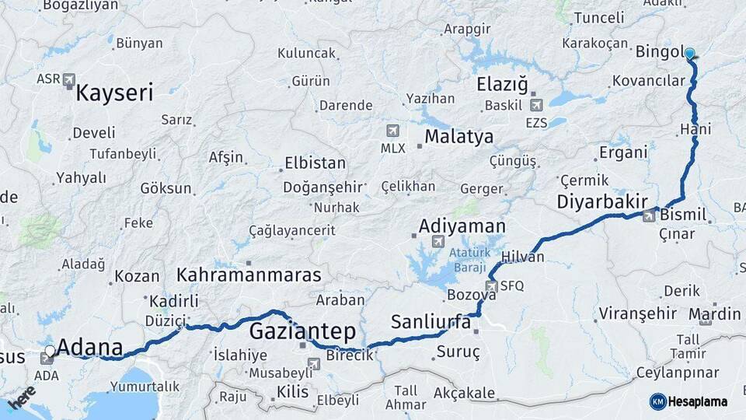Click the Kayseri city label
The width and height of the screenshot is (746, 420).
(x=114, y=94)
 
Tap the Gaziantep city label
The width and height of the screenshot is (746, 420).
(x=302, y=331)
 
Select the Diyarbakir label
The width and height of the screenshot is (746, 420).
(x=602, y=201)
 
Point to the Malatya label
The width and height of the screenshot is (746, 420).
(x=458, y=138)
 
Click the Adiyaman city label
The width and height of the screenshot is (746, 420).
(x=462, y=226)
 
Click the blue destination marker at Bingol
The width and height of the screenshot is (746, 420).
(x=689, y=54)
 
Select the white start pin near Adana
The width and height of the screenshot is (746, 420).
(x=51, y=351)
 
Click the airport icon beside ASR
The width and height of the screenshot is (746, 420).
(x=70, y=79)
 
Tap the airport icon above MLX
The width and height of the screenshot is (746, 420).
(x=392, y=131)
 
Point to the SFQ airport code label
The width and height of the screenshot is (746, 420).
(x=512, y=285)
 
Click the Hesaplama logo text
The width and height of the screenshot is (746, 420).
(x=698, y=401)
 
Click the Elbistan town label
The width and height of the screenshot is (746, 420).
(x=315, y=163)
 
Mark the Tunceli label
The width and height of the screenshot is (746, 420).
(x=598, y=18)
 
